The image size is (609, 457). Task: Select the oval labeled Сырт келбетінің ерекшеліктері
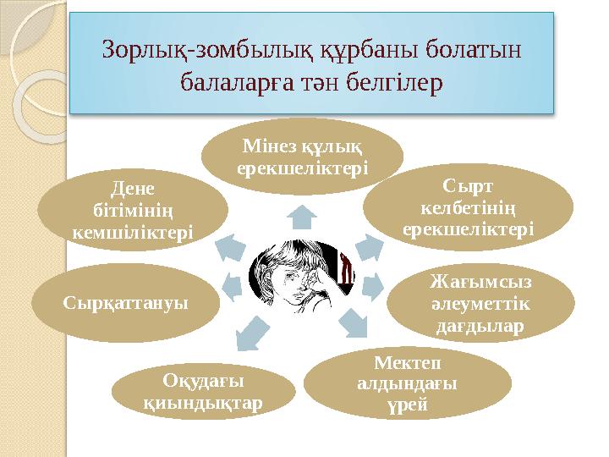(468, 206)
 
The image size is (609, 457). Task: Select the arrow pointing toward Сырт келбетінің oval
(367, 245)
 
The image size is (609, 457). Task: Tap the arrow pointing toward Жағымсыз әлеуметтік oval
(373, 288)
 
